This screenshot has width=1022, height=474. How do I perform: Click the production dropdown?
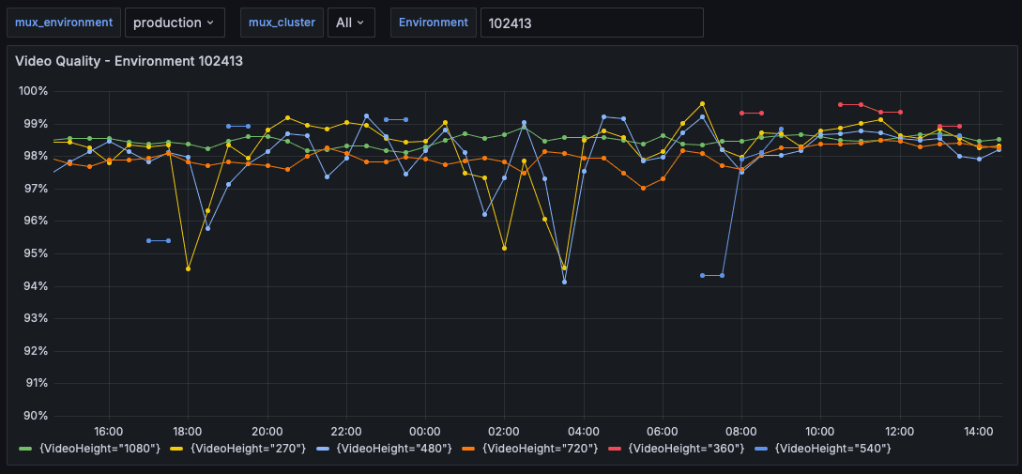[x=174, y=23]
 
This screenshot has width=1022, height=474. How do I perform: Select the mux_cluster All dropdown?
[x=349, y=23]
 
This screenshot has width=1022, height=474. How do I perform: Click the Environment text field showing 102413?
[x=591, y=23]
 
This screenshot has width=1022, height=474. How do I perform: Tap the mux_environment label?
[x=63, y=23]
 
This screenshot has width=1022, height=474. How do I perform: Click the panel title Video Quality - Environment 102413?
[x=130, y=61]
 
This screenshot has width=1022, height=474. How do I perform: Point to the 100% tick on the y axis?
[x=34, y=91]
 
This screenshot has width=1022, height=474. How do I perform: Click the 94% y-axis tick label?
[x=36, y=286]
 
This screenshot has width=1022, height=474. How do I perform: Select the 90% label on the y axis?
[x=36, y=416]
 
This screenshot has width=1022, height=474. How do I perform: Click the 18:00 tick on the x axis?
[x=189, y=431]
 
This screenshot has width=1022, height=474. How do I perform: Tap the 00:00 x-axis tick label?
[x=425, y=431]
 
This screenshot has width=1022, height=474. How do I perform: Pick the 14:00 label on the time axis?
[x=979, y=431]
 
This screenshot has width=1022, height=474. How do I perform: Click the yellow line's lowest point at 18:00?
[x=188, y=268]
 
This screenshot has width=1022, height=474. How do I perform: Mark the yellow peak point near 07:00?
[x=702, y=103]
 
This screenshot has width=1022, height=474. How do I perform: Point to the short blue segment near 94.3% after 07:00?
[x=711, y=275]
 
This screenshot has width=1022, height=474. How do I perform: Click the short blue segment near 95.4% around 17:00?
[x=159, y=240]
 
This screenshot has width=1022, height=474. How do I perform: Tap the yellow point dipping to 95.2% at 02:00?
[x=504, y=248]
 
